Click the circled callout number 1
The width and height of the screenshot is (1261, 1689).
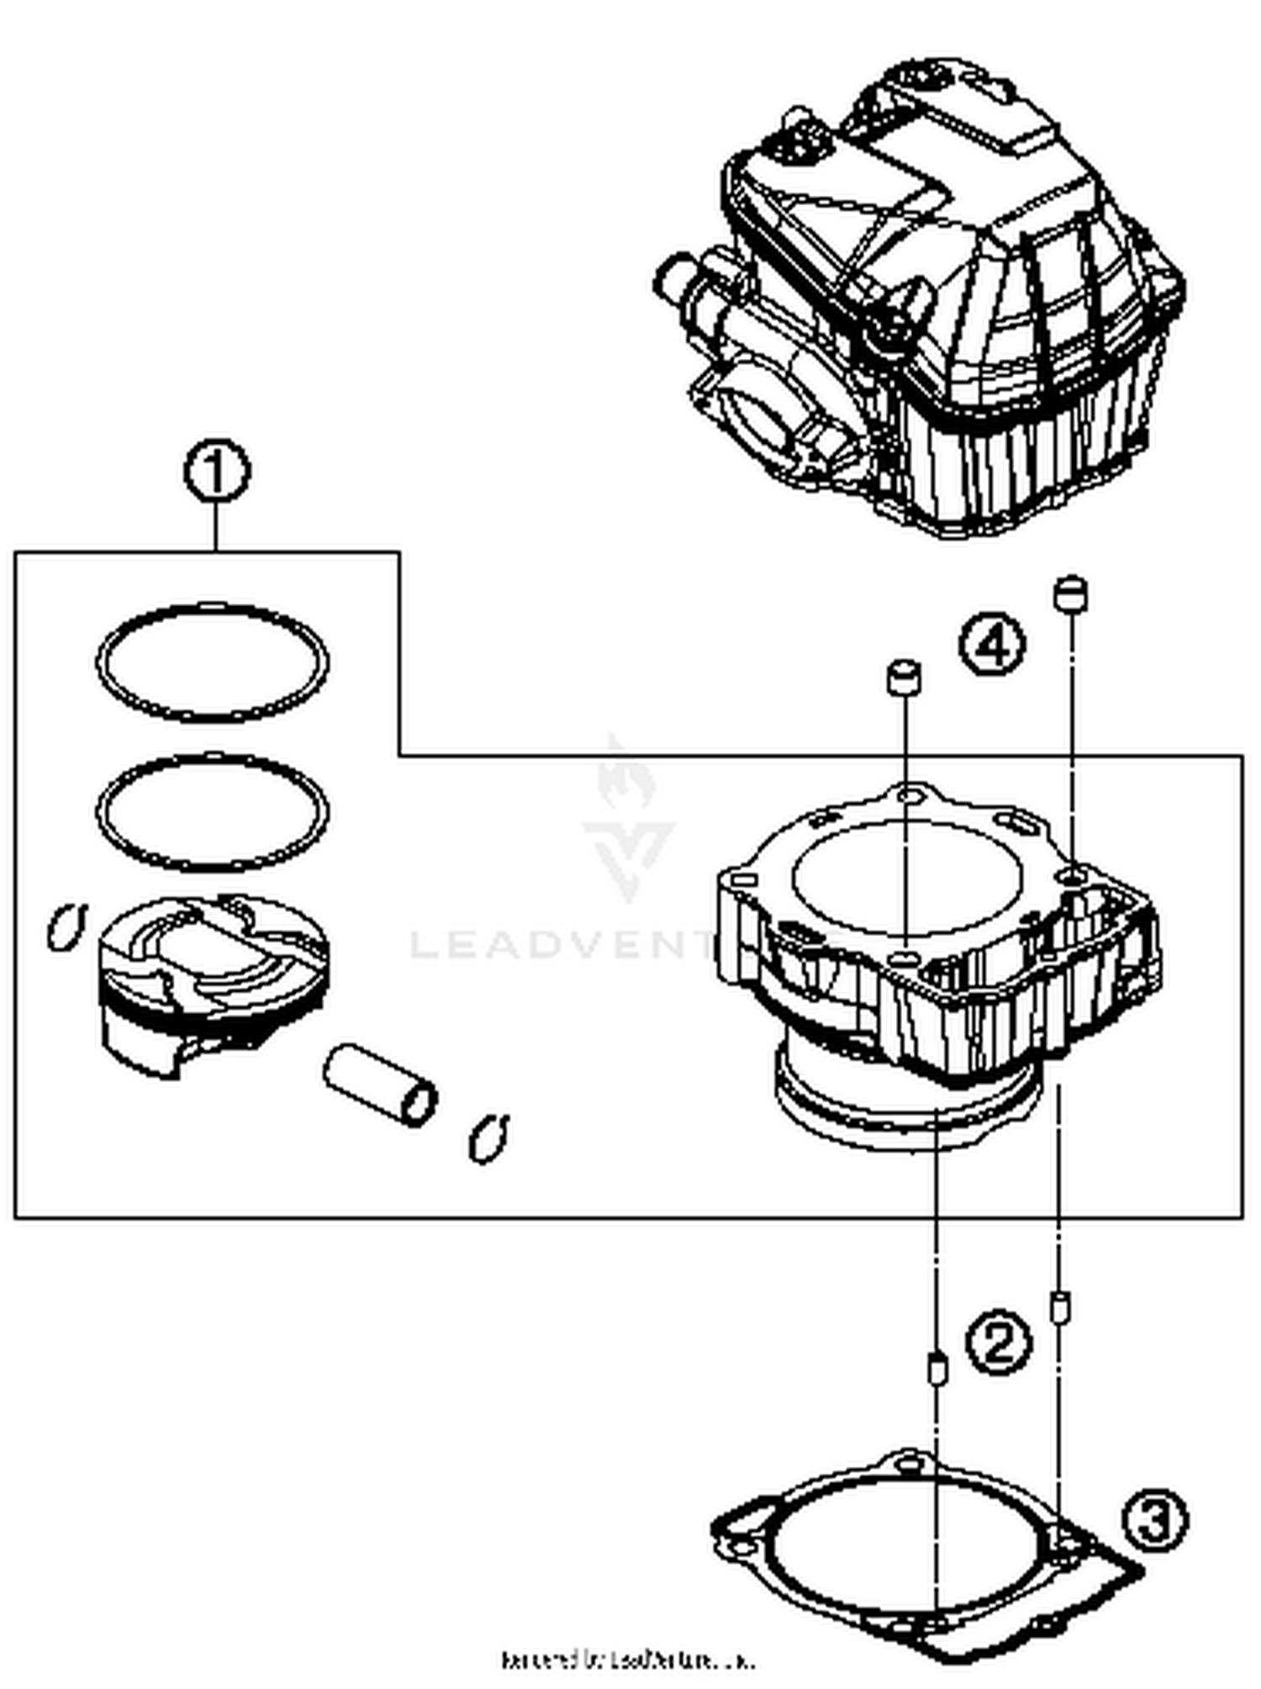217,472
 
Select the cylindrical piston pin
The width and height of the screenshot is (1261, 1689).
381,1085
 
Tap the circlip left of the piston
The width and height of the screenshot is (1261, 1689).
66,926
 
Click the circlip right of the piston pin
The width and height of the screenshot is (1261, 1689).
488,1139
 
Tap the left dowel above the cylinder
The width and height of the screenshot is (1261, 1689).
904,678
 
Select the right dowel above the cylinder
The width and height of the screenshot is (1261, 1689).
1070,594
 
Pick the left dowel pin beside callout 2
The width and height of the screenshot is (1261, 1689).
936,1370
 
